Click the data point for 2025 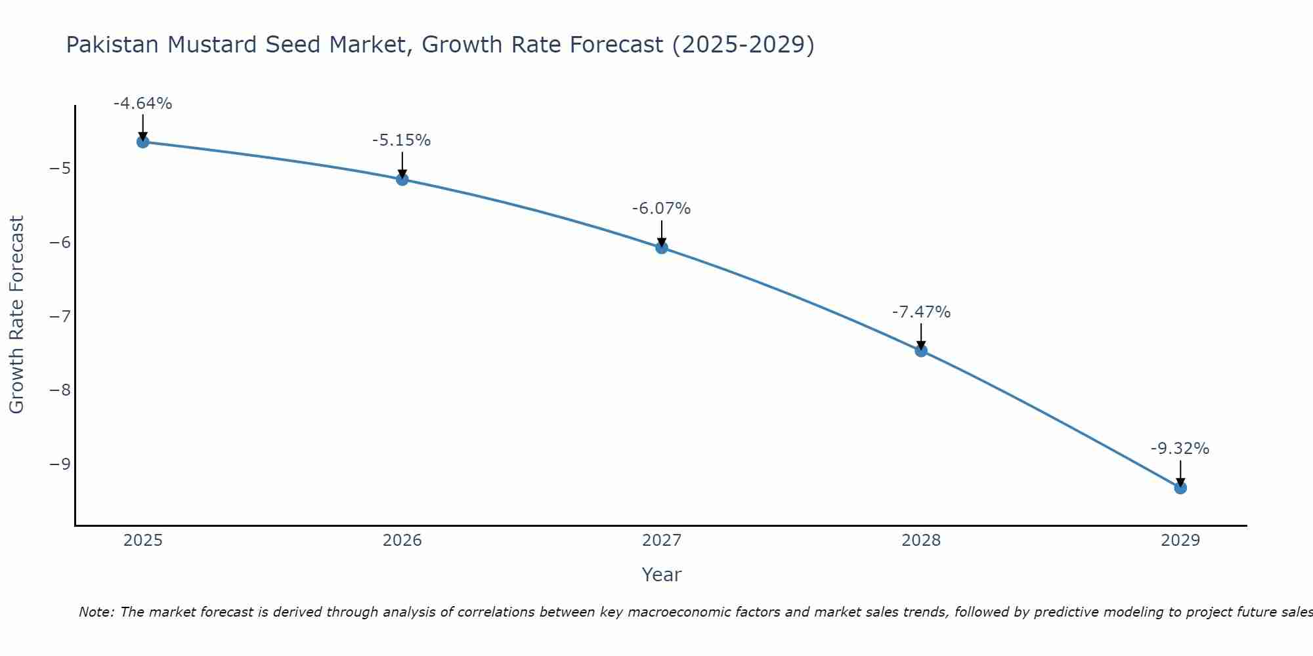[x=142, y=142]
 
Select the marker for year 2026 [x=402, y=179]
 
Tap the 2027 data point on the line [x=662, y=247]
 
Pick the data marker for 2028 [x=921, y=350]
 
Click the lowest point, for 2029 [x=1180, y=487]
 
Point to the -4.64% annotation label [x=142, y=104]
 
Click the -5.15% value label [x=401, y=140]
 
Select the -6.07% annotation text [x=661, y=209]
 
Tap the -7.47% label [x=921, y=312]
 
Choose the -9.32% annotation [x=1180, y=449]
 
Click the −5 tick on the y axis [x=60, y=169]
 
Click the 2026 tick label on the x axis [x=402, y=541]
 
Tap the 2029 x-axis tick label [x=1180, y=541]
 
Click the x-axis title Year [x=661, y=575]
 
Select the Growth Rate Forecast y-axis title [x=16, y=315]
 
